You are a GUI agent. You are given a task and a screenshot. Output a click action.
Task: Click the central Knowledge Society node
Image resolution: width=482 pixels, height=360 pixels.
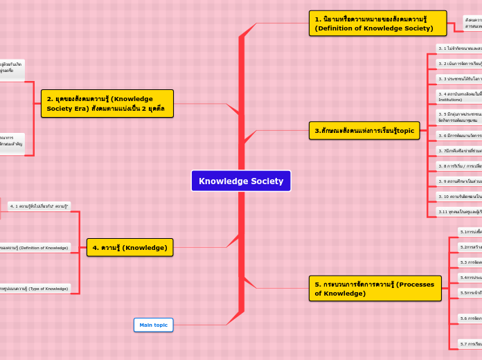coord(241,181)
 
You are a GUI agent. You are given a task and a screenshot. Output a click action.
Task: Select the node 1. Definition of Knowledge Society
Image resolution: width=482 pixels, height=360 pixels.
coord(377,24)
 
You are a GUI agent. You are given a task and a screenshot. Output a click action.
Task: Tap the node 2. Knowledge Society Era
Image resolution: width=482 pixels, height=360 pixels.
coord(107,104)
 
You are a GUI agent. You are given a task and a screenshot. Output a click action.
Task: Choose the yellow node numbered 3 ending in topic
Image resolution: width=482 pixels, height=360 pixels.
coord(364,130)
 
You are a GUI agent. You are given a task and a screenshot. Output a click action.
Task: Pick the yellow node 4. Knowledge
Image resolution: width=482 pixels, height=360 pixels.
coord(130,247)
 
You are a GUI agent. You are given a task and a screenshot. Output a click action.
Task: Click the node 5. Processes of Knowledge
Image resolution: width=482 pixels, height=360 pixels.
coord(374,289)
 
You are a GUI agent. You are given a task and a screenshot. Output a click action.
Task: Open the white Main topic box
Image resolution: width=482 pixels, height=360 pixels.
coord(153,325)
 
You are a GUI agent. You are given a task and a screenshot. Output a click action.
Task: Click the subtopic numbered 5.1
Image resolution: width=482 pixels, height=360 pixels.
coord(470,232)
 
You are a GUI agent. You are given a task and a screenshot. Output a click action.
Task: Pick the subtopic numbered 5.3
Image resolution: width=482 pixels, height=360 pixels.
coord(470,262)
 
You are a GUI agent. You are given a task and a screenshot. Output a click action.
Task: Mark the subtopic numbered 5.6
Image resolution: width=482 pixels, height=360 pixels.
coord(470,318)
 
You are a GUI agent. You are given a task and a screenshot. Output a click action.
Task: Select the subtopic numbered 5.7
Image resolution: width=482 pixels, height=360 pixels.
coord(470,343)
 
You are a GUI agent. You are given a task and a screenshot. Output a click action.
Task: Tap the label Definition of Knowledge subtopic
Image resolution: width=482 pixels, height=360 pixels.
coord(35,247)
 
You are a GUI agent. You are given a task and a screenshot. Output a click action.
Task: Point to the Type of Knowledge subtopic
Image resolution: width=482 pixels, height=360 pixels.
coord(35,288)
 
